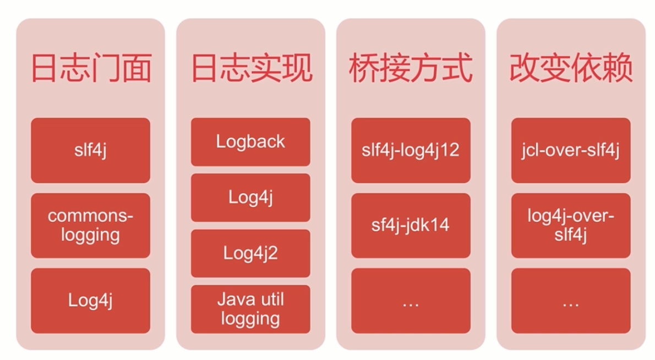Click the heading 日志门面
91,68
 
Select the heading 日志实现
251,68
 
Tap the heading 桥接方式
411,68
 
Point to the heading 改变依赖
571,68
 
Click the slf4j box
90,150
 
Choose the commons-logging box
90,225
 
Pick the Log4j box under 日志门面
90,301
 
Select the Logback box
250,141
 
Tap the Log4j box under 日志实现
250,198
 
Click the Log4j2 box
250,253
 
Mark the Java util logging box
250,309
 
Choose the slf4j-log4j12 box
411,150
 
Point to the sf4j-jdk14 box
411,225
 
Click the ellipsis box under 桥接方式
411,301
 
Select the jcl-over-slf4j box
571,150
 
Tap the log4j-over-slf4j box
571,225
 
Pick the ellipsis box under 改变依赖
571,301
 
